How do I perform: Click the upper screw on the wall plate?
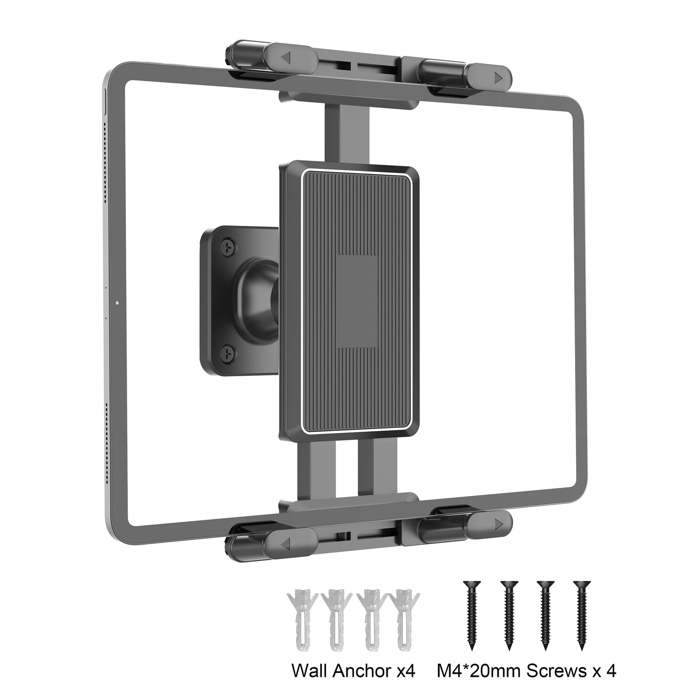pyautogui.click(x=227, y=247)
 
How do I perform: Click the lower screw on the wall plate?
pyautogui.click(x=227, y=355)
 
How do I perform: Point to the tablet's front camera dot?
pyautogui.click(x=118, y=303)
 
